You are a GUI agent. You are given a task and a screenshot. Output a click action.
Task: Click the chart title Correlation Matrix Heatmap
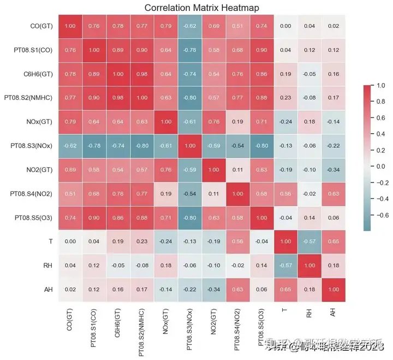click(201, 8)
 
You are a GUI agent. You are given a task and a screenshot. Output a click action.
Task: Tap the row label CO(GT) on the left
click(39, 26)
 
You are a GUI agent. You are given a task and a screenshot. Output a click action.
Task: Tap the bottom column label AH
click(332, 313)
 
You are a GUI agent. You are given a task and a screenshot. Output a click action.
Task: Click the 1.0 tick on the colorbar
click(379, 86)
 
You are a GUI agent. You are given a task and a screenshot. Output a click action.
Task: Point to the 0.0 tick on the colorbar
click(379, 166)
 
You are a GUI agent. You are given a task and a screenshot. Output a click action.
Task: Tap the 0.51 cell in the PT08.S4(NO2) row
click(70, 194)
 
